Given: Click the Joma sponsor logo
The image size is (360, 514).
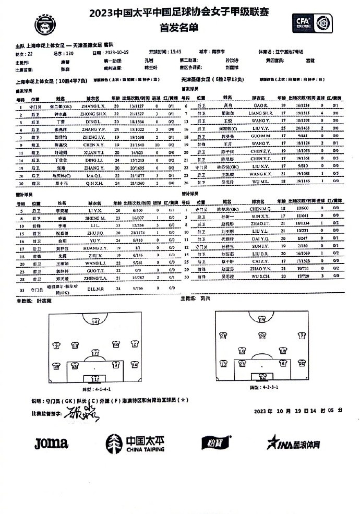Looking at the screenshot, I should coord(51,444).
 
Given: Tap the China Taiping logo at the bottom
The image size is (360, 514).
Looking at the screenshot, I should coord(136,444).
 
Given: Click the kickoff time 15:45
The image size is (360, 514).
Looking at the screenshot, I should coord(173,53).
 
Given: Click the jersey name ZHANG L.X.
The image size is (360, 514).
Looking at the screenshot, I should coord(94,106).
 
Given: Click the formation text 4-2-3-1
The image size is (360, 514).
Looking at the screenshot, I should coord(263,387).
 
